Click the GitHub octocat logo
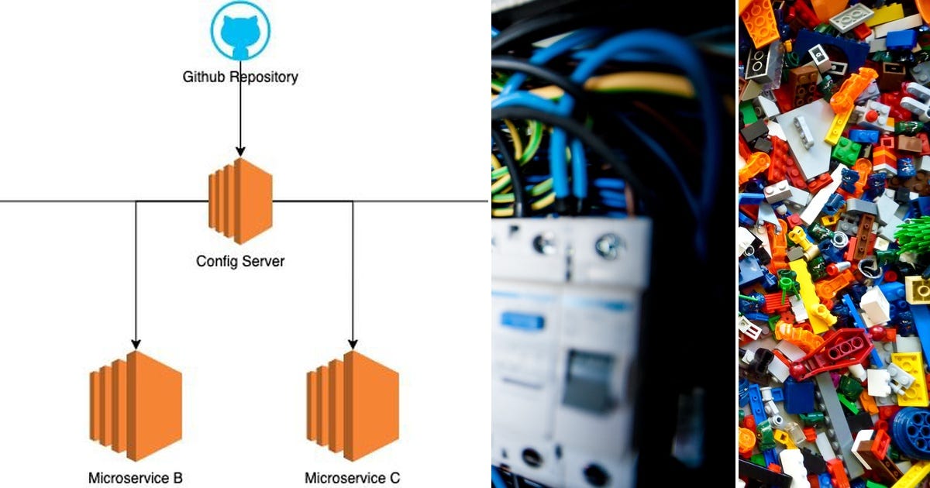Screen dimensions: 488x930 [240, 30]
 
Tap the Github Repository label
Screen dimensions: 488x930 [240, 77]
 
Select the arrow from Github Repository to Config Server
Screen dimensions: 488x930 [240, 116]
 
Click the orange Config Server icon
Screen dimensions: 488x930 [240, 201]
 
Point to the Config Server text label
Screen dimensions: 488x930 [240, 261]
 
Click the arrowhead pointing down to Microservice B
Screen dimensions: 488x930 [136, 343]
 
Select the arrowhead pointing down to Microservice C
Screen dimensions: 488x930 [353, 343]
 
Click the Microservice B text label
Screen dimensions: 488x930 [136, 478]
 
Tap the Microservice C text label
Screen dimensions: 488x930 [353, 478]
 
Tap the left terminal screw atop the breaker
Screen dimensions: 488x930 [542, 245]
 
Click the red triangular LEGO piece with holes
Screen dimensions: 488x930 [837, 352]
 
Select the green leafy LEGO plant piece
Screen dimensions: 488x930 [914, 236]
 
